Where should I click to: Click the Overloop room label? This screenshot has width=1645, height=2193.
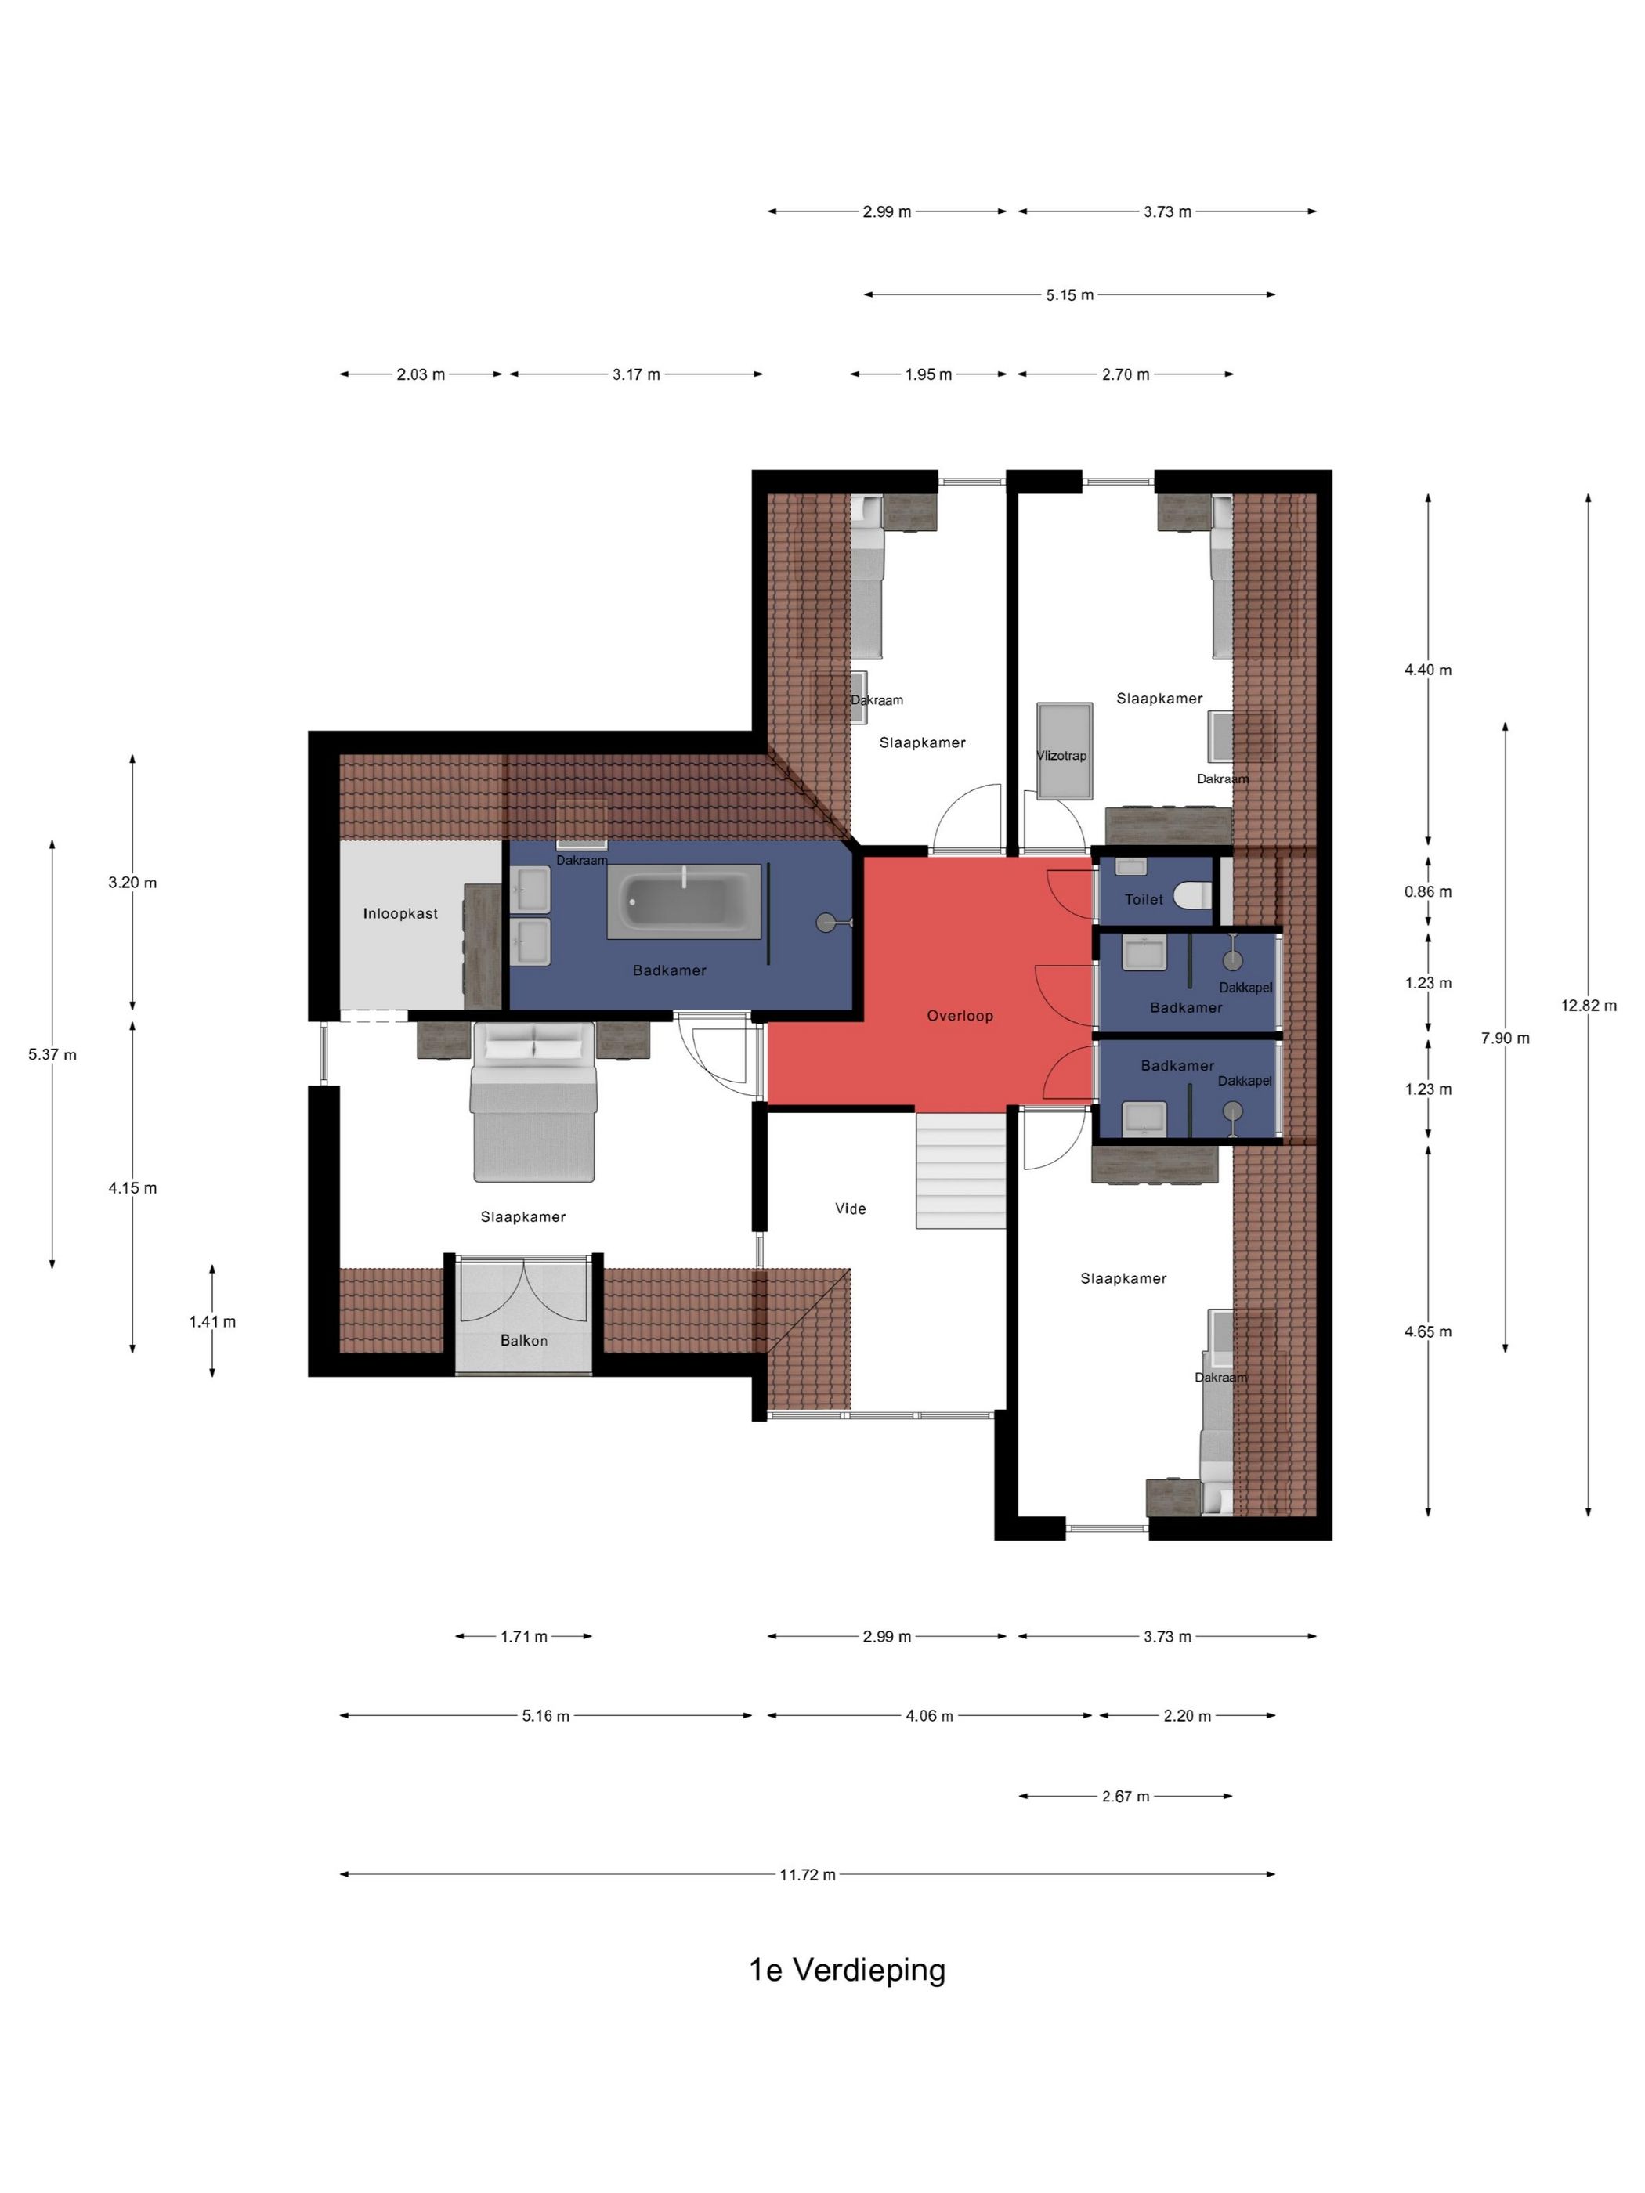959,1015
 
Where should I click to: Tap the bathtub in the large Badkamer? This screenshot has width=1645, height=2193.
683,899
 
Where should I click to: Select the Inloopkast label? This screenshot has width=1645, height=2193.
399,913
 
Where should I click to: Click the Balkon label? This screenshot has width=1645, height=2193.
523,1340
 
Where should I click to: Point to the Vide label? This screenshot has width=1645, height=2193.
850,1208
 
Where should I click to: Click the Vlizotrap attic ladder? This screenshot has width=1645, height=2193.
1064,750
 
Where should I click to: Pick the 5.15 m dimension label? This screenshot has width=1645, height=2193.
1069,294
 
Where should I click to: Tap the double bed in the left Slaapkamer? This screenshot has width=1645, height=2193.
533,1101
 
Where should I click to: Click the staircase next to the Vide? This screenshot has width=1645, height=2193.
960,1171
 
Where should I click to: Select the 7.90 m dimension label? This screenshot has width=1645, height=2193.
1504,1038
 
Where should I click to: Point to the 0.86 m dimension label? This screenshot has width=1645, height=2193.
1427,891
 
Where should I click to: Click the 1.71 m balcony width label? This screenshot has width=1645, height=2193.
523,1637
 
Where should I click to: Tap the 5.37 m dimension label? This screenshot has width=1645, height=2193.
52,1055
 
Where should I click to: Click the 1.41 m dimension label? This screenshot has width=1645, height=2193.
212,1321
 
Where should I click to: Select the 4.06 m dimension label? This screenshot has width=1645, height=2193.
928,1716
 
